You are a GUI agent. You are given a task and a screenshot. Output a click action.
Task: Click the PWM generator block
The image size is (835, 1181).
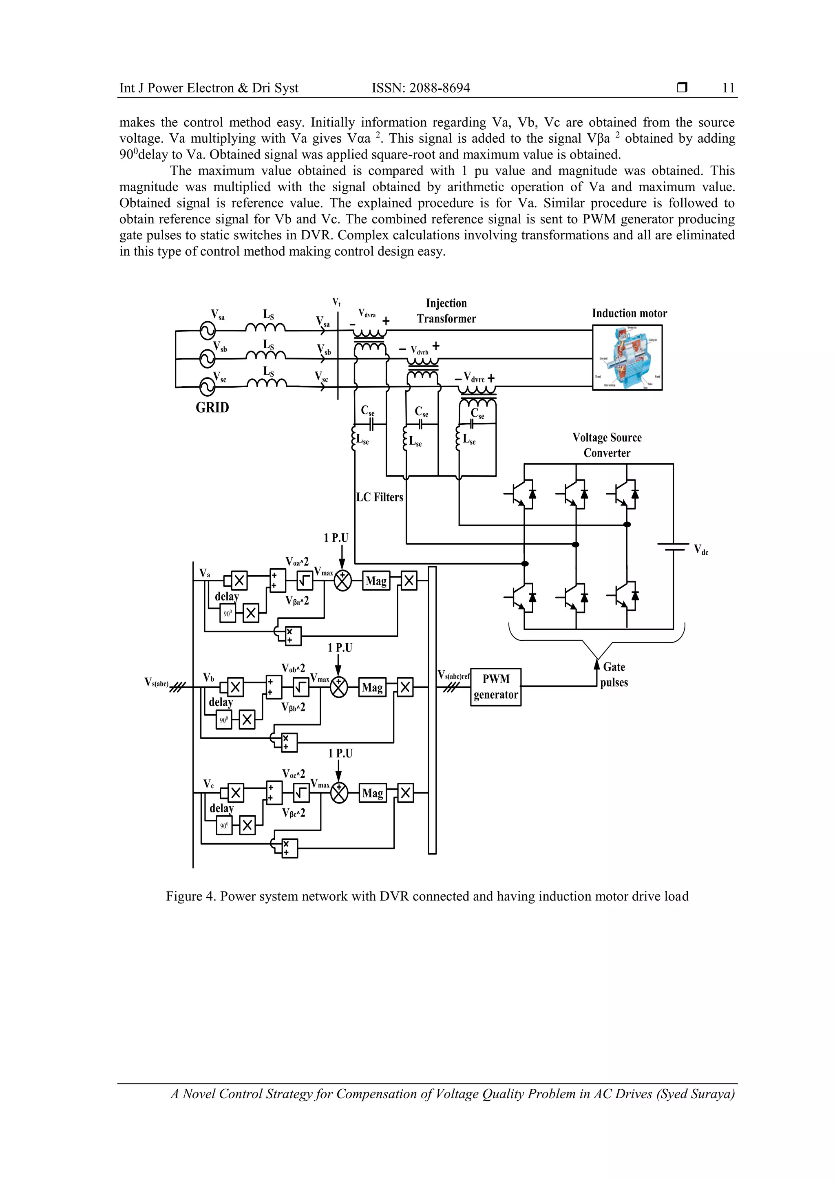(x=495, y=687)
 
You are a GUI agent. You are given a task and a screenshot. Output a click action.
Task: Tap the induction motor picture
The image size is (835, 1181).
(x=627, y=358)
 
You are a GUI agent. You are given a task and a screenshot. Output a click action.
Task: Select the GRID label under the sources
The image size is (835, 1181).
(x=212, y=407)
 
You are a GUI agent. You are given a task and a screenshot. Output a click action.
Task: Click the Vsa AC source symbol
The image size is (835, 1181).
(x=208, y=329)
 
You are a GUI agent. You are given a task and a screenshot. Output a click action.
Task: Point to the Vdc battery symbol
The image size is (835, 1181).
(x=673, y=546)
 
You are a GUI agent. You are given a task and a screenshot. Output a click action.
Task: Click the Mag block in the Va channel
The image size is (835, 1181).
(x=376, y=581)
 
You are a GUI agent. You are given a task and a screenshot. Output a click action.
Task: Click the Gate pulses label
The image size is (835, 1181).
(x=614, y=674)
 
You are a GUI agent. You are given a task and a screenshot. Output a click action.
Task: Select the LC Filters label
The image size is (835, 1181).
(x=380, y=497)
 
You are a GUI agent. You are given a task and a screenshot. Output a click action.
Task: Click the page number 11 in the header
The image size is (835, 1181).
(x=728, y=88)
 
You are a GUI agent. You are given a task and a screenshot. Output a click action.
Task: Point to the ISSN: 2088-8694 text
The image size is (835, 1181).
(x=420, y=88)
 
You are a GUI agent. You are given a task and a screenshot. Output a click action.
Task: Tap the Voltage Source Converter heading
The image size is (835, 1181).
(x=607, y=445)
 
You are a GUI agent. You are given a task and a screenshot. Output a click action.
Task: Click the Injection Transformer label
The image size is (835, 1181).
(x=446, y=311)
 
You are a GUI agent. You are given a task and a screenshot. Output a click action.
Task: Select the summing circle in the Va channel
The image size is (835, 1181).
(x=342, y=581)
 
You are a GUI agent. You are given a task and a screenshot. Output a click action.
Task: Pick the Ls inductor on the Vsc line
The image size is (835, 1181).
(x=267, y=383)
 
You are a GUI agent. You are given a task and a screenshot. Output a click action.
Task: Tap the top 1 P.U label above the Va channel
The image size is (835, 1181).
(x=336, y=538)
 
